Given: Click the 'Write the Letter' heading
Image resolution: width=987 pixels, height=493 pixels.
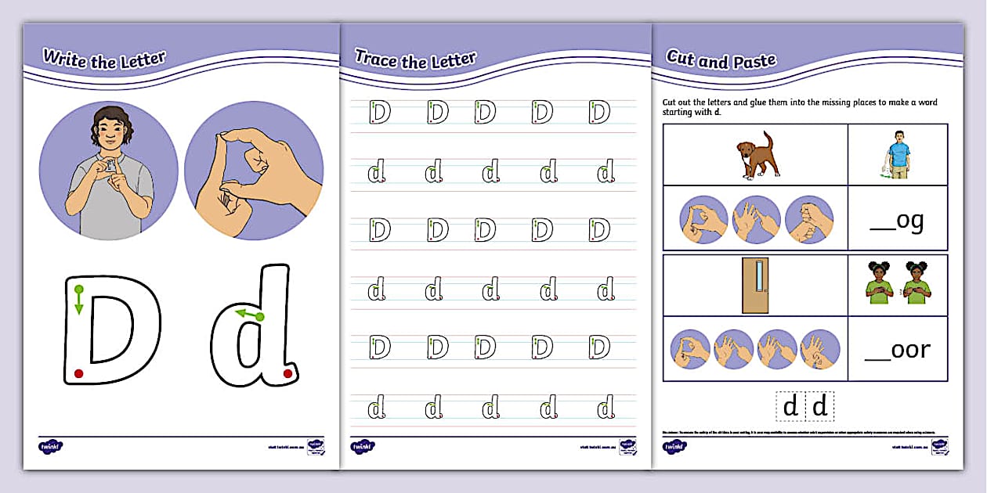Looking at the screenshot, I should coord(104,59).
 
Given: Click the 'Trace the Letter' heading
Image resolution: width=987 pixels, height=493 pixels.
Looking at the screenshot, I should coord(415,59).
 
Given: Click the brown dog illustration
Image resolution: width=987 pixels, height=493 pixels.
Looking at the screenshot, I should coord(756,155).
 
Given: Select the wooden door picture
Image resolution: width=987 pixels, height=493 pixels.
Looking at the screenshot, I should coord(756,285).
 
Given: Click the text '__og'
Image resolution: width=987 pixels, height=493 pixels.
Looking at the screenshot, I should coord(898,221).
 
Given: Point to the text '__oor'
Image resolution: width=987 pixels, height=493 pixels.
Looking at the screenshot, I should coord(898,350).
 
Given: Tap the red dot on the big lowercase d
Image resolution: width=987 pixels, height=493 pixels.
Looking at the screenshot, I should coord(287,373).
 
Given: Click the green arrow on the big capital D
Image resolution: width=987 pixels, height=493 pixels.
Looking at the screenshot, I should coord(79,300).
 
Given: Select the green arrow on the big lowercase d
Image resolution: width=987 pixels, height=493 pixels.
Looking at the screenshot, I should coord(250,315).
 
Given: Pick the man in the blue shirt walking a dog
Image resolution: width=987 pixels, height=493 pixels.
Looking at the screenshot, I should coord(895,154).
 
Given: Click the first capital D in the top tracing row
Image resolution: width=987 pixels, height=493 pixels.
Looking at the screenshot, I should coord(379,112).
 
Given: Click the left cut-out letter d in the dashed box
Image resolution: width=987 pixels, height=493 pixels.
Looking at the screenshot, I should coord(791,407).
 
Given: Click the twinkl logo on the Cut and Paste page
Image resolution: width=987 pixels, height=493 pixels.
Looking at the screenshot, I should coord(674,447).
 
